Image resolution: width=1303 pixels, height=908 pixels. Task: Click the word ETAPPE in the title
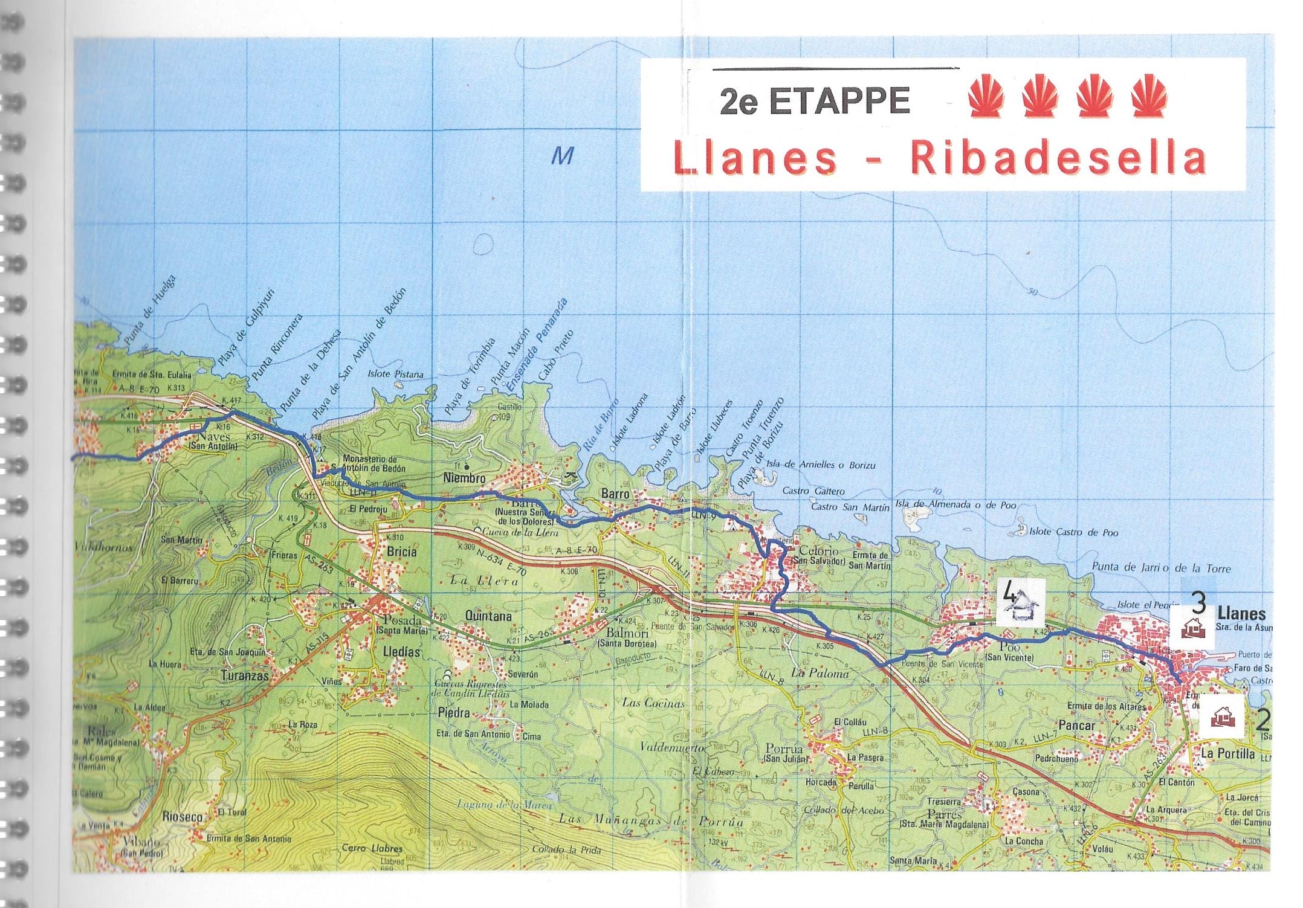(839, 101)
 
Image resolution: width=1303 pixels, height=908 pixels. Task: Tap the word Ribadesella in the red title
(1058, 158)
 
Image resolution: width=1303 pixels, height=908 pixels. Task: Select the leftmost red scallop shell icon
(986, 95)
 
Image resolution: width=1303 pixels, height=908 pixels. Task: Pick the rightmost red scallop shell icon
(1149, 95)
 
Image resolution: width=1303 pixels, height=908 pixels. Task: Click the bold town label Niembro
(464, 478)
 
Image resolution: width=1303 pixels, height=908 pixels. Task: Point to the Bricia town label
(401, 551)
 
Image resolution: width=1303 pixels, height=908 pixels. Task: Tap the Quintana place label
(488, 616)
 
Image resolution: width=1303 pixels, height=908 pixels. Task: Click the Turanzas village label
(244, 675)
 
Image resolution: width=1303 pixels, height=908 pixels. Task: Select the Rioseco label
(183, 816)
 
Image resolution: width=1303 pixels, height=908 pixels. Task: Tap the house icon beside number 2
(1223, 717)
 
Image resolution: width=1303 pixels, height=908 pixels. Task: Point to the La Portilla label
(1227, 753)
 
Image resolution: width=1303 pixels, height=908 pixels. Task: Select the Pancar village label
(1076, 725)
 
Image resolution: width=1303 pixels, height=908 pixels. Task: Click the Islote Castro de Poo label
(1073, 532)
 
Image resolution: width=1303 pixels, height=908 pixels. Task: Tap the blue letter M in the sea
(562, 156)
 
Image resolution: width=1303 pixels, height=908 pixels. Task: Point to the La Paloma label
(820, 672)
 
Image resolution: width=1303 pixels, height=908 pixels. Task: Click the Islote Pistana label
(395, 374)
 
